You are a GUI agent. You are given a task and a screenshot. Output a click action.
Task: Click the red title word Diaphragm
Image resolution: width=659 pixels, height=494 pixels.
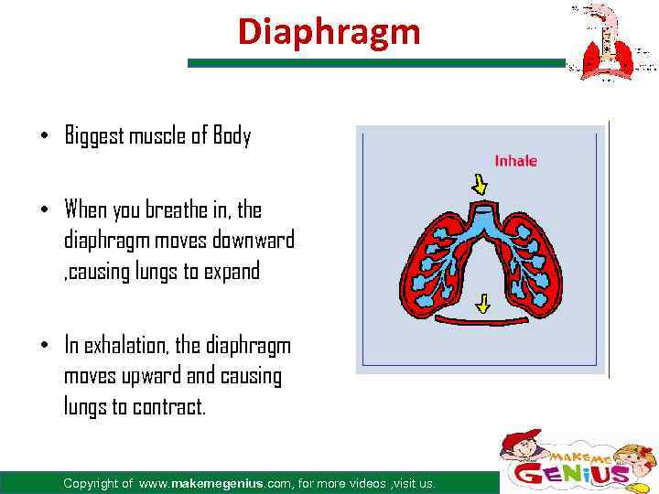[329, 31]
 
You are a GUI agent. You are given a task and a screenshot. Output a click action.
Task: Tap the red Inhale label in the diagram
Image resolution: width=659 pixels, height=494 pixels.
[515, 161]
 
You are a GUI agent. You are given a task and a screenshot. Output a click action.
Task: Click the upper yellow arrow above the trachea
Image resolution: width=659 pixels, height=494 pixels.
[478, 186]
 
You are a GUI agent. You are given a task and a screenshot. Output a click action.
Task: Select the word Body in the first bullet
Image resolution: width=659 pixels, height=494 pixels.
[232, 137]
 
